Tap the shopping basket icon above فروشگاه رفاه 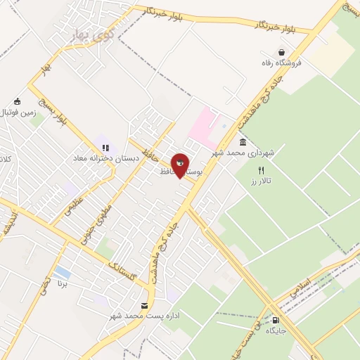tap(281, 52)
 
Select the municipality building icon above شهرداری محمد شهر tap(243, 142)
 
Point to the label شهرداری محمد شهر tap(243, 153)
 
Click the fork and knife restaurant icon tap(262, 170)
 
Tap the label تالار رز tap(264, 181)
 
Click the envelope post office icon tap(145, 306)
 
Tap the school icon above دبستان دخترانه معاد tap(105, 148)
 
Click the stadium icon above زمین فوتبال tap(17, 101)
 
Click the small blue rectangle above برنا tap(62, 271)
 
